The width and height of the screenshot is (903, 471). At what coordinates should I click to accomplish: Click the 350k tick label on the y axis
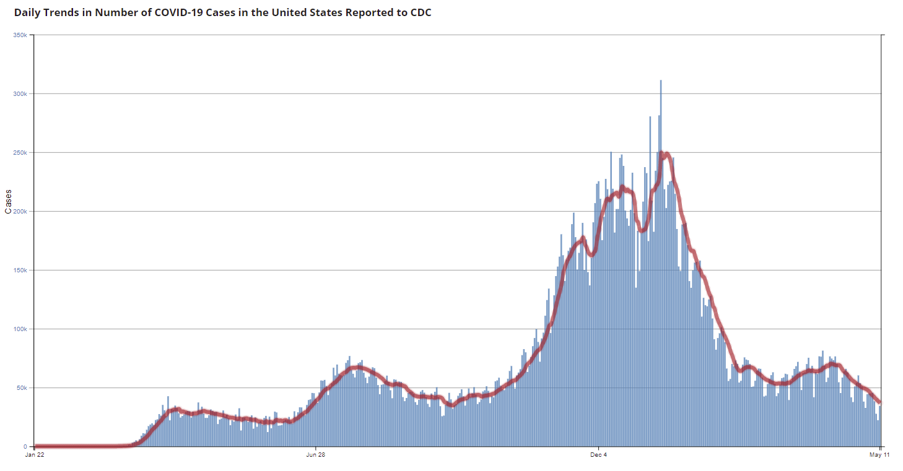pyautogui.click(x=20, y=35)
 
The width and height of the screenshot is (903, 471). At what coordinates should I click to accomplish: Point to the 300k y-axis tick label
pyautogui.click(x=20, y=93)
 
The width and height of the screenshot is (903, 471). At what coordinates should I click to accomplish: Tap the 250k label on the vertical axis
pyautogui.click(x=20, y=152)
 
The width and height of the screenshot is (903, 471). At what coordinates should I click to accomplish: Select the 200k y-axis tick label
pyautogui.click(x=20, y=211)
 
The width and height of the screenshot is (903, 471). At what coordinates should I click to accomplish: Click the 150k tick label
pyautogui.click(x=20, y=270)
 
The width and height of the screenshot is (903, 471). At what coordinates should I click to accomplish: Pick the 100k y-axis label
pyautogui.click(x=20, y=329)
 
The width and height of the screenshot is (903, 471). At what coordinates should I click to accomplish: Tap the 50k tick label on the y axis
pyautogui.click(x=21, y=387)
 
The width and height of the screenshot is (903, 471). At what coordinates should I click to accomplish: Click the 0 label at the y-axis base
pyautogui.click(x=25, y=446)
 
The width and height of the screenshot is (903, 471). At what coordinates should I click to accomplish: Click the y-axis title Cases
pyautogui.click(x=8, y=202)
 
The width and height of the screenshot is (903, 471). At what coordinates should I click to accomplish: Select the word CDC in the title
pyautogui.click(x=420, y=12)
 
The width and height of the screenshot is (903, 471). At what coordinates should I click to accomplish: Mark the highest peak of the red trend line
pyautogui.click(x=663, y=153)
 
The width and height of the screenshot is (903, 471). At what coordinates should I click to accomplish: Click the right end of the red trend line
pyautogui.click(x=879, y=402)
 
